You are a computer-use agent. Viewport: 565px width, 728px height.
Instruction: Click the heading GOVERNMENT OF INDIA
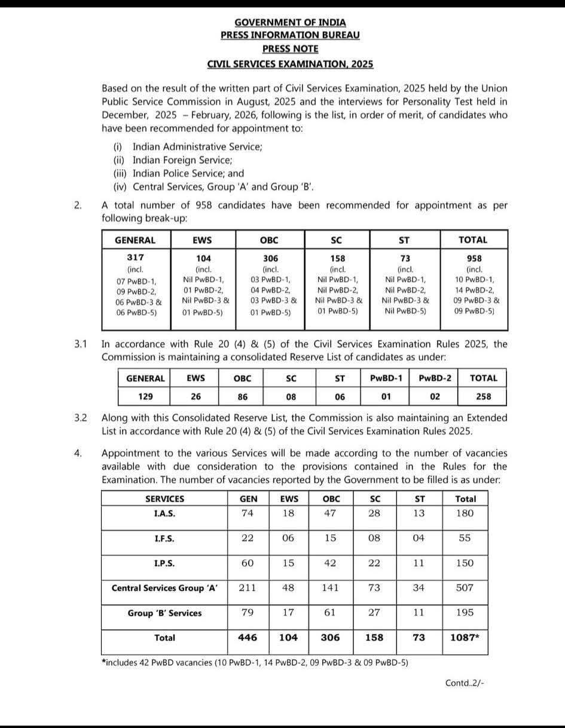(x=290, y=22)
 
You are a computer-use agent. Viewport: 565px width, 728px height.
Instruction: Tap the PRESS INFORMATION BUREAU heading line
(x=290, y=35)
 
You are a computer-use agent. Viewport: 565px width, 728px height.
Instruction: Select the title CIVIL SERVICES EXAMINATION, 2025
(x=290, y=63)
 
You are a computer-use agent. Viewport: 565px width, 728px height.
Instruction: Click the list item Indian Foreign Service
(x=182, y=160)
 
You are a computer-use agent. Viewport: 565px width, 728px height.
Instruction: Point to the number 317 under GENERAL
(x=136, y=258)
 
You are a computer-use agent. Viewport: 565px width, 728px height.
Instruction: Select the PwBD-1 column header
(x=386, y=378)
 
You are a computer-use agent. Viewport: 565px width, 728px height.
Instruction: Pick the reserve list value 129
(x=144, y=396)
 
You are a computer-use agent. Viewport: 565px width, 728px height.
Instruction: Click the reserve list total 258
(x=483, y=396)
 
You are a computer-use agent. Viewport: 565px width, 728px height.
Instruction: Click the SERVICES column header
(x=164, y=498)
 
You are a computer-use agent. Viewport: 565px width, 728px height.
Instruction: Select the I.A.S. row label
(x=164, y=513)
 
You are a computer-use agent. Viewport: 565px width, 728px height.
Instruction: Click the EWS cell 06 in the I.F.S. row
(x=288, y=538)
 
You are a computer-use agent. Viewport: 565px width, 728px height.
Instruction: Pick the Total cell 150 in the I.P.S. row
(x=465, y=563)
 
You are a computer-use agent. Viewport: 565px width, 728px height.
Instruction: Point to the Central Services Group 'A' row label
(x=164, y=588)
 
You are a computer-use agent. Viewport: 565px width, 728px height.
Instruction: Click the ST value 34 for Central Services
(x=419, y=588)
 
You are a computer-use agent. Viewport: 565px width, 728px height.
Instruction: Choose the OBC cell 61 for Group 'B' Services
(x=330, y=613)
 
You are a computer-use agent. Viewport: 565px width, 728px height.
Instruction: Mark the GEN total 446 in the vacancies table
(x=247, y=638)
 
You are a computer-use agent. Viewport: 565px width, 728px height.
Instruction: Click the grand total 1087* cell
(x=465, y=638)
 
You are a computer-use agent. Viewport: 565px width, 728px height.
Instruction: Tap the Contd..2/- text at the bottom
(x=465, y=683)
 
